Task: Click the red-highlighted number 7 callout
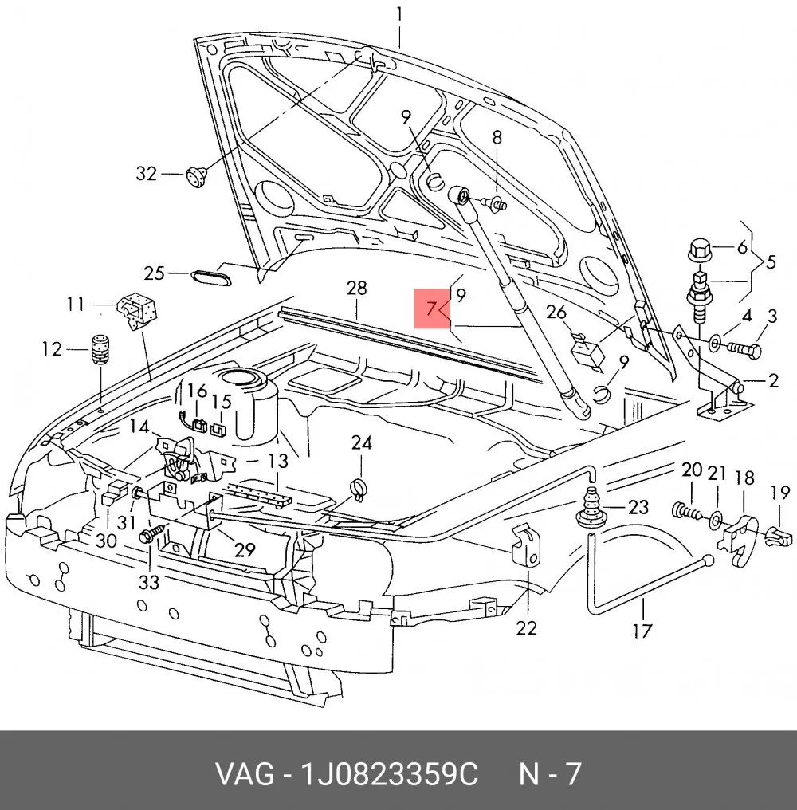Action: (x=432, y=309)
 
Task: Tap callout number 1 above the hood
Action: (x=399, y=14)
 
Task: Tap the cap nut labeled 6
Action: (x=701, y=250)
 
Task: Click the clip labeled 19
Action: (x=779, y=536)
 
